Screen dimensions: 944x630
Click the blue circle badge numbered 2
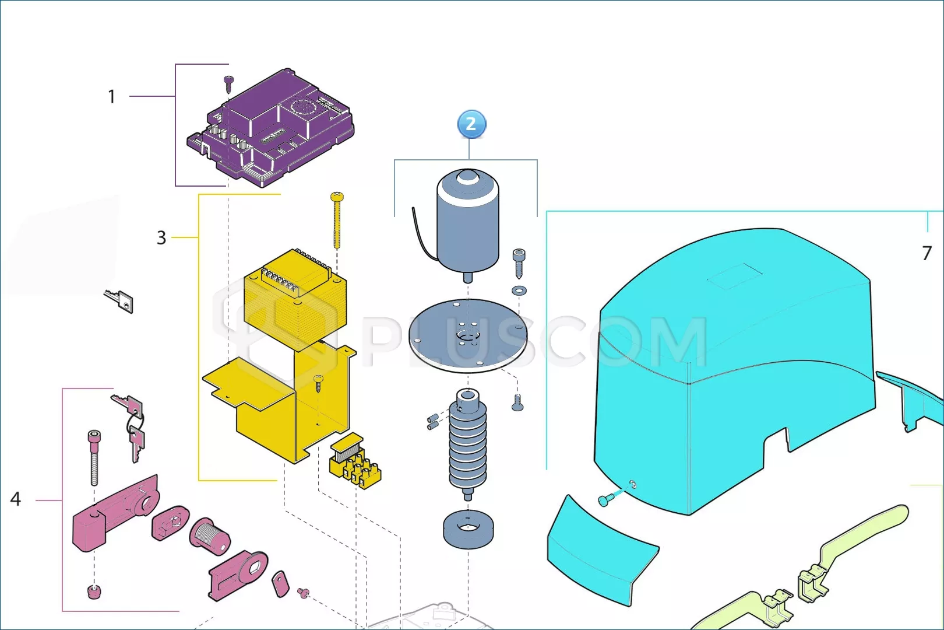pos(471,124)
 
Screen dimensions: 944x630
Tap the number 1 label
pos(112,97)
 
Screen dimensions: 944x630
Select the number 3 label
pos(161,238)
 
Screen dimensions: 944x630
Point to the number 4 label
pos(16,499)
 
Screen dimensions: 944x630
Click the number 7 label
pos(927,253)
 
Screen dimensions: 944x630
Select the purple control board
pos(270,128)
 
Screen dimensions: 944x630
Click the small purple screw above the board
pos(228,84)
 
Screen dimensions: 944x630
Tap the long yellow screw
pos(337,220)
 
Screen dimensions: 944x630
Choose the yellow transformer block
pos(295,299)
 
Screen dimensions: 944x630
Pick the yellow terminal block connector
pos(355,461)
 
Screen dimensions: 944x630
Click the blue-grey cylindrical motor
pos(468,223)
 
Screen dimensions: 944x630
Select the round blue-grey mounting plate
pos(468,336)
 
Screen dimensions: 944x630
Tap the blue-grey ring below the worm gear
pos(468,530)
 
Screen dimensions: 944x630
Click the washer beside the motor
pos(519,290)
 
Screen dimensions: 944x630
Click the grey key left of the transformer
pos(119,300)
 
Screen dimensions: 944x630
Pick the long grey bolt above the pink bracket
pos(94,458)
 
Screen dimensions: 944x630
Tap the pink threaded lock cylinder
pos(209,536)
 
